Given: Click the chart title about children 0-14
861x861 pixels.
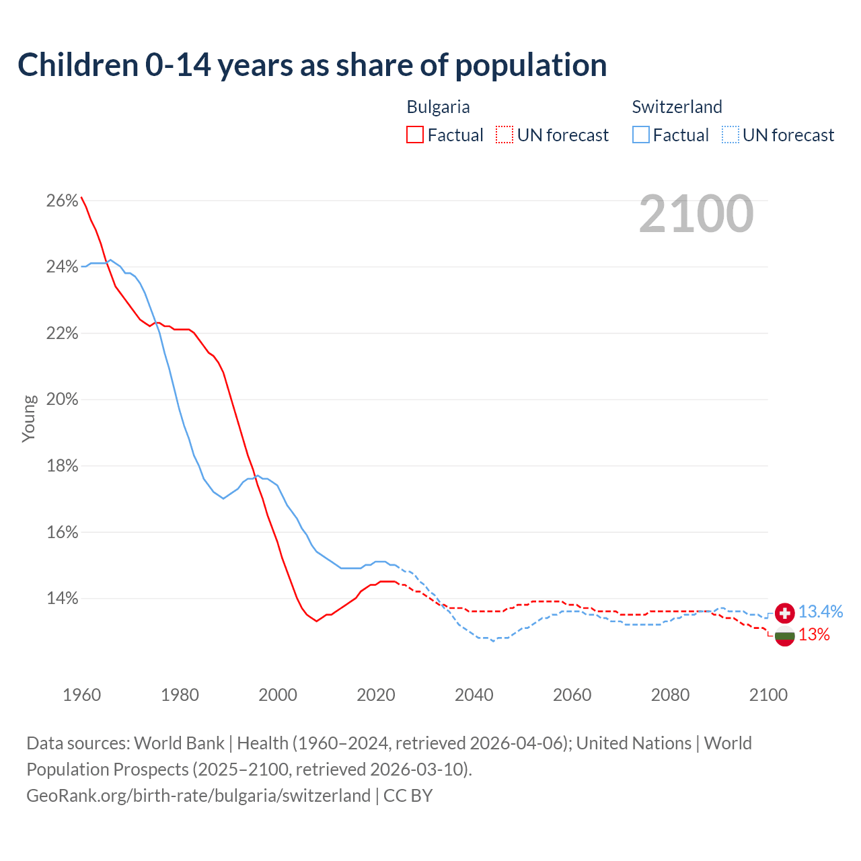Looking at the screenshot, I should [312, 65].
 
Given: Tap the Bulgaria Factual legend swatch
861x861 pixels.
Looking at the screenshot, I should [415, 135].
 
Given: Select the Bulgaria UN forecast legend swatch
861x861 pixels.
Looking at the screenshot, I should [504, 135].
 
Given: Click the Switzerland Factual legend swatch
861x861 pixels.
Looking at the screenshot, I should [641, 135].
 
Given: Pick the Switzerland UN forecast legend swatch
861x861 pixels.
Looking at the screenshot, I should [731, 135].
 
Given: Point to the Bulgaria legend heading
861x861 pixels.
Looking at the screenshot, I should [438, 107].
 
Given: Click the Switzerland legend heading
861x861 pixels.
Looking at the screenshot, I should [677, 107].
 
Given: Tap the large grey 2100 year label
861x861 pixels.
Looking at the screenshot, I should [696, 214].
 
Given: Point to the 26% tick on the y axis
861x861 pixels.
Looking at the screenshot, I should [62, 201].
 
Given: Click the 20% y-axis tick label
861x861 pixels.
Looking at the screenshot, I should [62, 400].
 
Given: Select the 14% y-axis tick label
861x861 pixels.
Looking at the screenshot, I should [62, 598].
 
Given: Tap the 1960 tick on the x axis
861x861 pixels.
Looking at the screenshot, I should [81, 695].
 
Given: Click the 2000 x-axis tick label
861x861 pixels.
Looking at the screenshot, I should [278, 695].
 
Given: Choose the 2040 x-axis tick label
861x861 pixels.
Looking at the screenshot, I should [474, 695].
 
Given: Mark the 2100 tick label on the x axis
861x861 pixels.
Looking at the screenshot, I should [768, 695].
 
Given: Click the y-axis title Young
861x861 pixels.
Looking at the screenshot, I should [29, 418].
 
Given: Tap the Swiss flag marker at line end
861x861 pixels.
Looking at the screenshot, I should [784, 613].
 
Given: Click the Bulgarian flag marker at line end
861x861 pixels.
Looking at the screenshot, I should [784, 636].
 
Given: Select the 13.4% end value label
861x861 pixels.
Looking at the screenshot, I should [821, 612].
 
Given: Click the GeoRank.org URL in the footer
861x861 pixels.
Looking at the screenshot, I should [198, 796].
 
